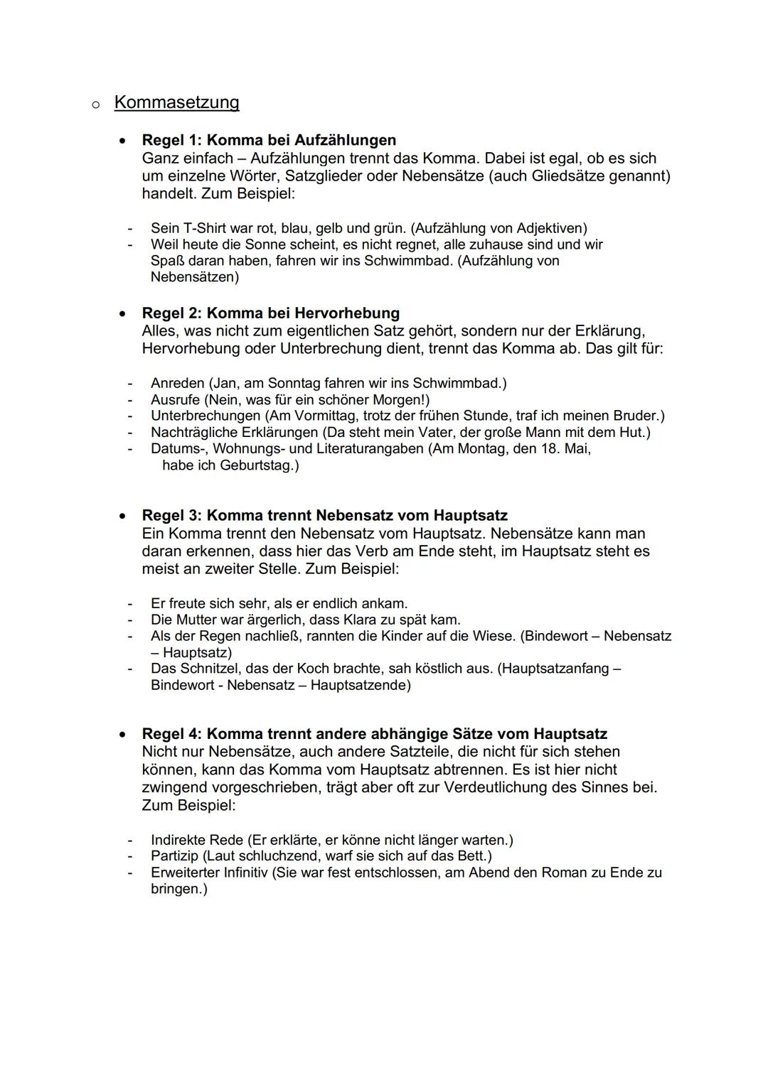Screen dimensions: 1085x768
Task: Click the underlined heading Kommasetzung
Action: tap(176, 103)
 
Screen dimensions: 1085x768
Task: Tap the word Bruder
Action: tap(634, 415)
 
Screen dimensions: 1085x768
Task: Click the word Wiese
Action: tap(490, 635)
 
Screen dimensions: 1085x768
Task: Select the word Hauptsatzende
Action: tap(361, 685)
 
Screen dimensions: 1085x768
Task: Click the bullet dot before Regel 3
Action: tap(124, 515)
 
